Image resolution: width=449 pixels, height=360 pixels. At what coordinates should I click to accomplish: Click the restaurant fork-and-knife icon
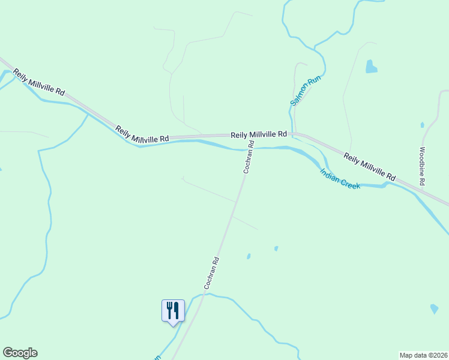173,311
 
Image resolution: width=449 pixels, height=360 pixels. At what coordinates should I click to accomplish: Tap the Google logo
20,353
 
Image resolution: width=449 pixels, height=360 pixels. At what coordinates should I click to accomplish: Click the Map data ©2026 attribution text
423,355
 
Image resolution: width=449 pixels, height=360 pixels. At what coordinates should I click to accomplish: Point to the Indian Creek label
340,179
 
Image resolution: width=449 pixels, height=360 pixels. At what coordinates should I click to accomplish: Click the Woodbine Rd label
423,166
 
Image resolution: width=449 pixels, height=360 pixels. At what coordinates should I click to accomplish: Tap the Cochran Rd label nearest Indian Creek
249,157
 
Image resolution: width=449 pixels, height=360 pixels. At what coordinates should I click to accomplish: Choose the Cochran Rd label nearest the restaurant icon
212,274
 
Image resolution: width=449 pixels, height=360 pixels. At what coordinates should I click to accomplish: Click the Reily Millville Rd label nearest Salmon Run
259,134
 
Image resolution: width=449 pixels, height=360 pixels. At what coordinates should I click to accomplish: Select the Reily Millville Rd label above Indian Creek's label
370,167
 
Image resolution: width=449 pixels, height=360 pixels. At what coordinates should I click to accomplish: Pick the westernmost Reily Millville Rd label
39,82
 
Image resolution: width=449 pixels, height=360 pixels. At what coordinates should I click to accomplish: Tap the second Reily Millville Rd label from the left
142,134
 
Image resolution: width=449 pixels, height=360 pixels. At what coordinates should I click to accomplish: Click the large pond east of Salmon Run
371,67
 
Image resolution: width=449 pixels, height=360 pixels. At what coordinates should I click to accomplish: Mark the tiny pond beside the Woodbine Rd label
422,125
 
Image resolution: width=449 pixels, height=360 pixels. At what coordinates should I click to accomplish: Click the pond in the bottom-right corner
434,309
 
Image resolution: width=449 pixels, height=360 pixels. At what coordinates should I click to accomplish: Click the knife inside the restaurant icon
176,310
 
